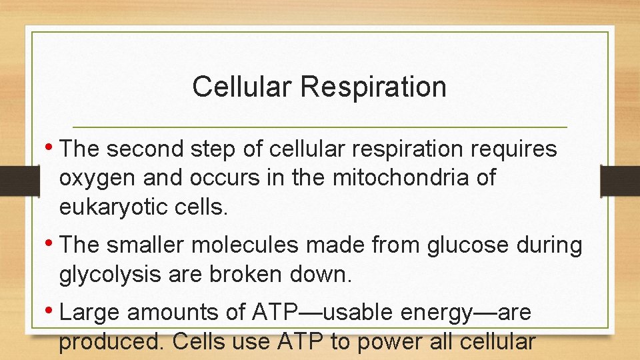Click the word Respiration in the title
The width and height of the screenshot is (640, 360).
[x=373, y=87]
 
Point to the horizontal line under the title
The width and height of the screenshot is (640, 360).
[x=319, y=127]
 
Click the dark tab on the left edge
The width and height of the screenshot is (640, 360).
[x=13, y=180]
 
